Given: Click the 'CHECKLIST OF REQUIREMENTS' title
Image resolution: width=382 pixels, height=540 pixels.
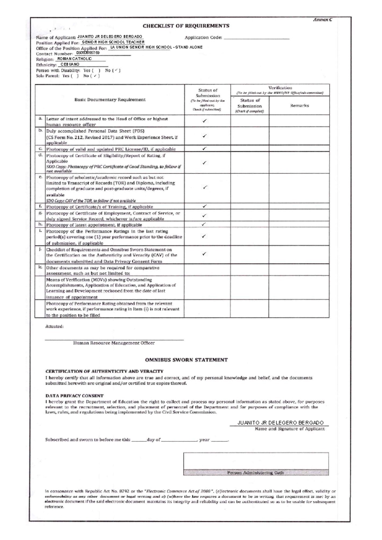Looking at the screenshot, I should (x=186, y=26).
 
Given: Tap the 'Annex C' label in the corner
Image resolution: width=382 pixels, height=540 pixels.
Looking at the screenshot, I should (x=322, y=20).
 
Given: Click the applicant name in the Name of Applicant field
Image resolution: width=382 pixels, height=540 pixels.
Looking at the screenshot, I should (x=110, y=37).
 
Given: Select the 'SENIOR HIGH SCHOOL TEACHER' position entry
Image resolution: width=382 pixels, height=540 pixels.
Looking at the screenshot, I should (x=113, y=42).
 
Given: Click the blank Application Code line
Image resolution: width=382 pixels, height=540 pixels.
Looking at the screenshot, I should (x=256, y=38).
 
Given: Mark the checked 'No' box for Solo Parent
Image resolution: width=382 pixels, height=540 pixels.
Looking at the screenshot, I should (x=95, y=76).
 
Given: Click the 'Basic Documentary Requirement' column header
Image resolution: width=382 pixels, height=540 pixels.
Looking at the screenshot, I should (x=110, y=100).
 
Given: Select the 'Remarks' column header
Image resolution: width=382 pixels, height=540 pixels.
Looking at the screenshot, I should (x=299, y=105).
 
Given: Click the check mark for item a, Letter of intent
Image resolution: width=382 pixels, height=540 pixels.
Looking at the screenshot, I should (x=205, y=121).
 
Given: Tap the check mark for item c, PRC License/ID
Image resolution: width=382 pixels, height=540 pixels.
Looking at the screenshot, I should (x=205, y=148).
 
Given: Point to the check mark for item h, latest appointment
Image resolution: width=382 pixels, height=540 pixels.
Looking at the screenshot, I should (x=204, y=224).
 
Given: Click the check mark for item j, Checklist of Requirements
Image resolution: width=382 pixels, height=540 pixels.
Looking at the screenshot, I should (x=204, y=254).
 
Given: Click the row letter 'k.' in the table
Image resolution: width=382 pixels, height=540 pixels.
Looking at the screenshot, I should (x=40, y=268).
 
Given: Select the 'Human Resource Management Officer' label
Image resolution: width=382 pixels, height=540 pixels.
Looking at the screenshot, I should (x=114, y=343).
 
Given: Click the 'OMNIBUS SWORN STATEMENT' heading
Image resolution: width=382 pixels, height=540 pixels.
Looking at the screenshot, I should (x=186, y=360).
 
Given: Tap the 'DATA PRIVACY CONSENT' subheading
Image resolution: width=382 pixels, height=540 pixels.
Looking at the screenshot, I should (x=74, y=396).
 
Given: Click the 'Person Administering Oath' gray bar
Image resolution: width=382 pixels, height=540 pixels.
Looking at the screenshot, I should (x=256, y=472).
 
